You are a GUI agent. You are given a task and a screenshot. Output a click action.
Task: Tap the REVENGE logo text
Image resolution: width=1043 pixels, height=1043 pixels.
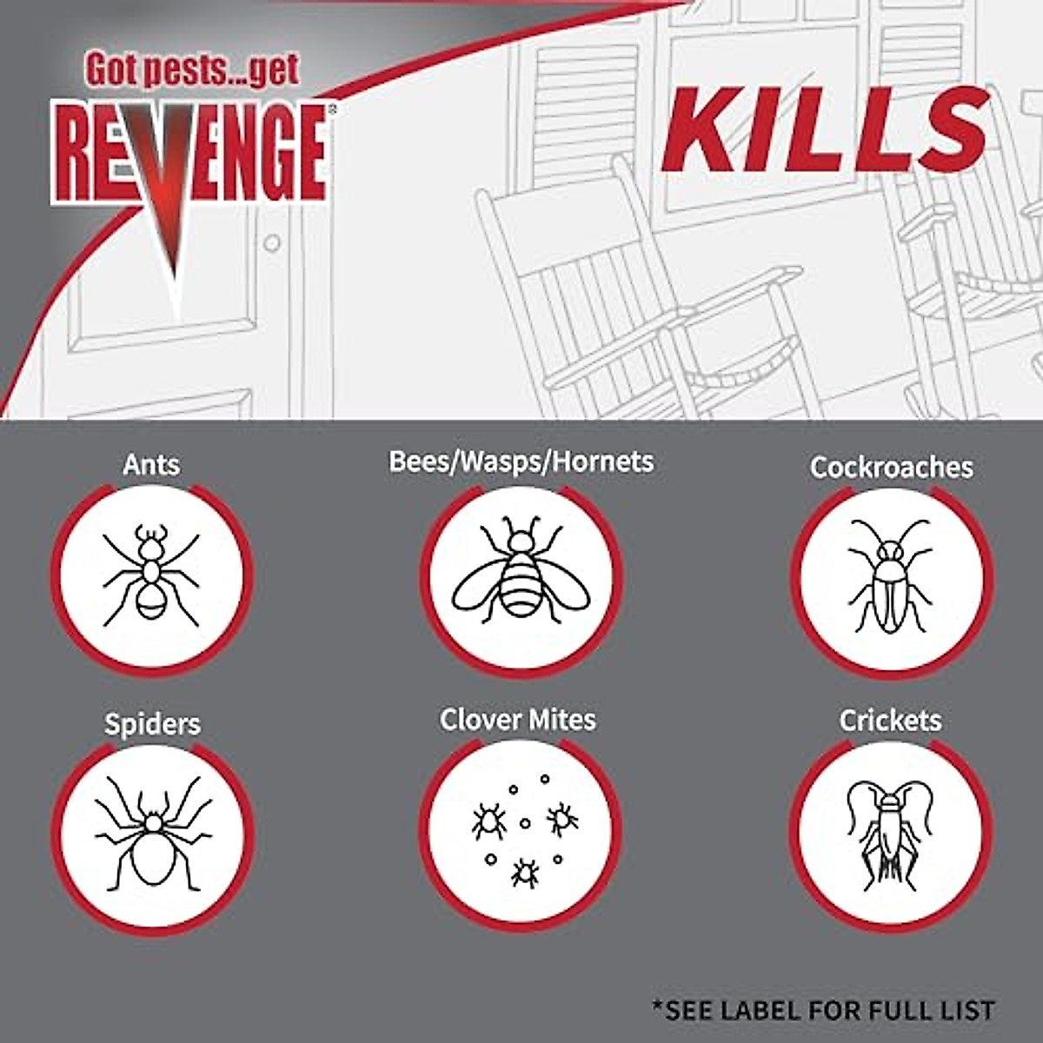tap(189, 153)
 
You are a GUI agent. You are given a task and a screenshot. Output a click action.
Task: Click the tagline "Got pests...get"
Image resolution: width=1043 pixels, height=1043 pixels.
tap(191, 70)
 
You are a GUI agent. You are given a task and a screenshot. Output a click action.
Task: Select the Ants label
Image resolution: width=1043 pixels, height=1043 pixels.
tap(151, 464)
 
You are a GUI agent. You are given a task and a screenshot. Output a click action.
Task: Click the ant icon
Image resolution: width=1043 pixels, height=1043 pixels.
tap(151, 575)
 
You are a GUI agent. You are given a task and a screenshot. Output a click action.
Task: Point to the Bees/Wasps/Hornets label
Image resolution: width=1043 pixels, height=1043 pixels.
tap(521, 461)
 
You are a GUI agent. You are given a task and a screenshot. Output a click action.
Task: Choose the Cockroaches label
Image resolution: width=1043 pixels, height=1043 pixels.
tap(891, 467)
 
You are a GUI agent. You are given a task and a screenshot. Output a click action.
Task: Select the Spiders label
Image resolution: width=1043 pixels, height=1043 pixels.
tap(152, 724)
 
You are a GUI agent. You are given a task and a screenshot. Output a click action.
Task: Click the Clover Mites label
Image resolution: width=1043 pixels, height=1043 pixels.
tap(518, 720)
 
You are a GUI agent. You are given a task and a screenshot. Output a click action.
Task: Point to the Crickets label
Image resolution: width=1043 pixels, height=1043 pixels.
tap(890, 720)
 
